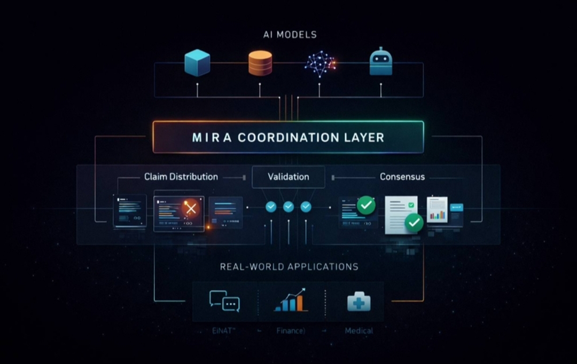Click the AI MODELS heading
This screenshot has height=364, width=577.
pyautogui.click(x=290, y=35)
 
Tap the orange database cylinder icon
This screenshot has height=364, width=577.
pyautogui.click(x=260, y=63)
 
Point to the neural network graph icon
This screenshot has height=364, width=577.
pyautogui.click(x=319, y=63)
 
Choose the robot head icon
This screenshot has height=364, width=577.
pyautogui.click(x=381, y=62)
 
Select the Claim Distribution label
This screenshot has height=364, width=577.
pyautogui.click(x=181, y=177)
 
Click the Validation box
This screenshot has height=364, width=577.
pyautogui.click(x=288, y=177)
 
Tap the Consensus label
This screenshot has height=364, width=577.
pyautogui.click(x=402, y=177)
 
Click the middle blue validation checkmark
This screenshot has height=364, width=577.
pyautogui.click(x=288, y=206)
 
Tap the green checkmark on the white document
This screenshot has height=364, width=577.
pyautogui.click(x=414, y=222)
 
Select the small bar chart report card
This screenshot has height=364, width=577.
pyautogui.click(x=437, y=211)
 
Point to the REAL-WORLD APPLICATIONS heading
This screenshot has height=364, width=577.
pyautogui.click(x=289, y=266)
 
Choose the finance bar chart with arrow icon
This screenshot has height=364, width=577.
pyautogui.click(x=291, y=300)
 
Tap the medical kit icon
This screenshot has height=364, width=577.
pyautogui.click(x=358, y=302)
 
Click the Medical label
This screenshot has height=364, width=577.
pyautogui.click(x=358, y=331)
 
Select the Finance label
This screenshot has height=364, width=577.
pyautogui.click(x=291, y=331)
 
